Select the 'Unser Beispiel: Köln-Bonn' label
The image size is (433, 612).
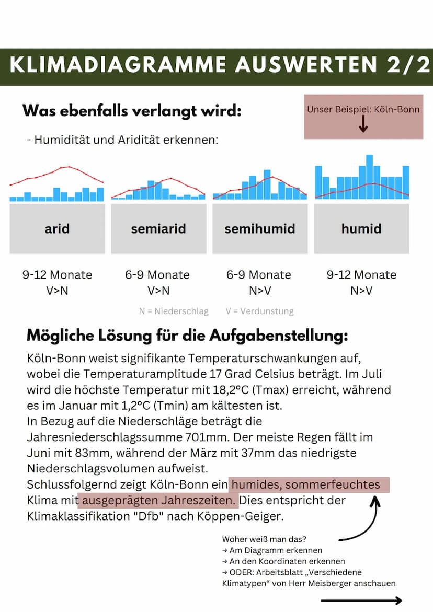(363, 109)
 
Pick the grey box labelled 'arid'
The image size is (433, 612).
(57, 228)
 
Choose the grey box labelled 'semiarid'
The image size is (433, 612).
(158, 228)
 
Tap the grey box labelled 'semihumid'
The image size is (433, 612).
(260, 228)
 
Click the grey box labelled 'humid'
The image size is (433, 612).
(361, 228)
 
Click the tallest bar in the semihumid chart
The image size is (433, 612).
(267, 184)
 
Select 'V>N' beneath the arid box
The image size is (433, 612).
(57, 291)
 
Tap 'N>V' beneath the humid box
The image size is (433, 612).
(361, 291)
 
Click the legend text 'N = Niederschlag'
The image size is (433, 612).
(174, 311)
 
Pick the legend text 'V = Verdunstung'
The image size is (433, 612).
(259, 311)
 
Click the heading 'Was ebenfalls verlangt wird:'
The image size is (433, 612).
(132, 111)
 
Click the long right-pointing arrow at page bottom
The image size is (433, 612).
(361, 601)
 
